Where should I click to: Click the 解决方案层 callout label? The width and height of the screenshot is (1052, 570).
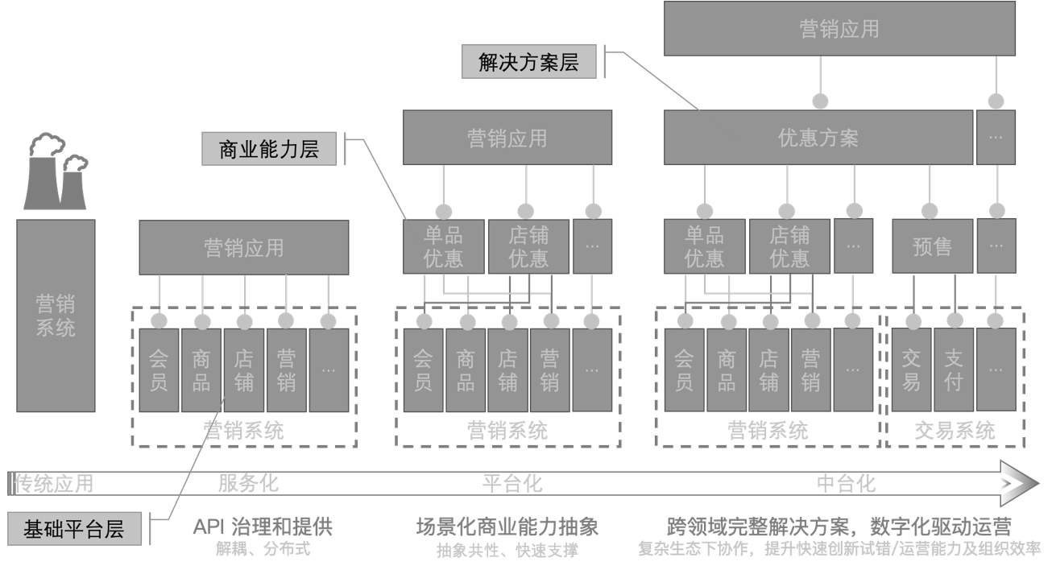pos(528,62)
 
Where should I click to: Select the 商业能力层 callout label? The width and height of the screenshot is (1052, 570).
pos(269,149)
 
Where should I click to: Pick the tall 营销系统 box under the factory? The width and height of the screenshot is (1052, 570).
pos(56,315)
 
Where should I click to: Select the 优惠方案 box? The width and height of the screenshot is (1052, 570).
pos(818,138)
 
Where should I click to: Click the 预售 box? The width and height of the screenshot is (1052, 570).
pos(932,246)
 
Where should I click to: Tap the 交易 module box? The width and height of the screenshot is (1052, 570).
pos(911,370)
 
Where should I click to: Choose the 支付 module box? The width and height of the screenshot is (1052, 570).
pos(953,370)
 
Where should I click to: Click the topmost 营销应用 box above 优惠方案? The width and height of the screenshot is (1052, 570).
pos(839,29)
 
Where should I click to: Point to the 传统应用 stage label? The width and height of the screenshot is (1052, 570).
pos(55,483)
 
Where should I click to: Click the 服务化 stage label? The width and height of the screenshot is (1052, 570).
pos(248,483)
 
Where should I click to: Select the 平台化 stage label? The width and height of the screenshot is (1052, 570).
pos(512,483)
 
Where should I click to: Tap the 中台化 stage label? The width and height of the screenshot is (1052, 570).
pos(846,483)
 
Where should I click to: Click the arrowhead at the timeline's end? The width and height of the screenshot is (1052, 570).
pos(1020,483)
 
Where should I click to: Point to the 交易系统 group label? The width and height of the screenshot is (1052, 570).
pos(955,431)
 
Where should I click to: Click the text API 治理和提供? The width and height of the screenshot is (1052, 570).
pos(263,527)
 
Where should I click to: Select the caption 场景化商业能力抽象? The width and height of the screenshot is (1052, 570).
pos(507,527)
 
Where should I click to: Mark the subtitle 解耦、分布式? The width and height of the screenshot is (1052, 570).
pos(263,550)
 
